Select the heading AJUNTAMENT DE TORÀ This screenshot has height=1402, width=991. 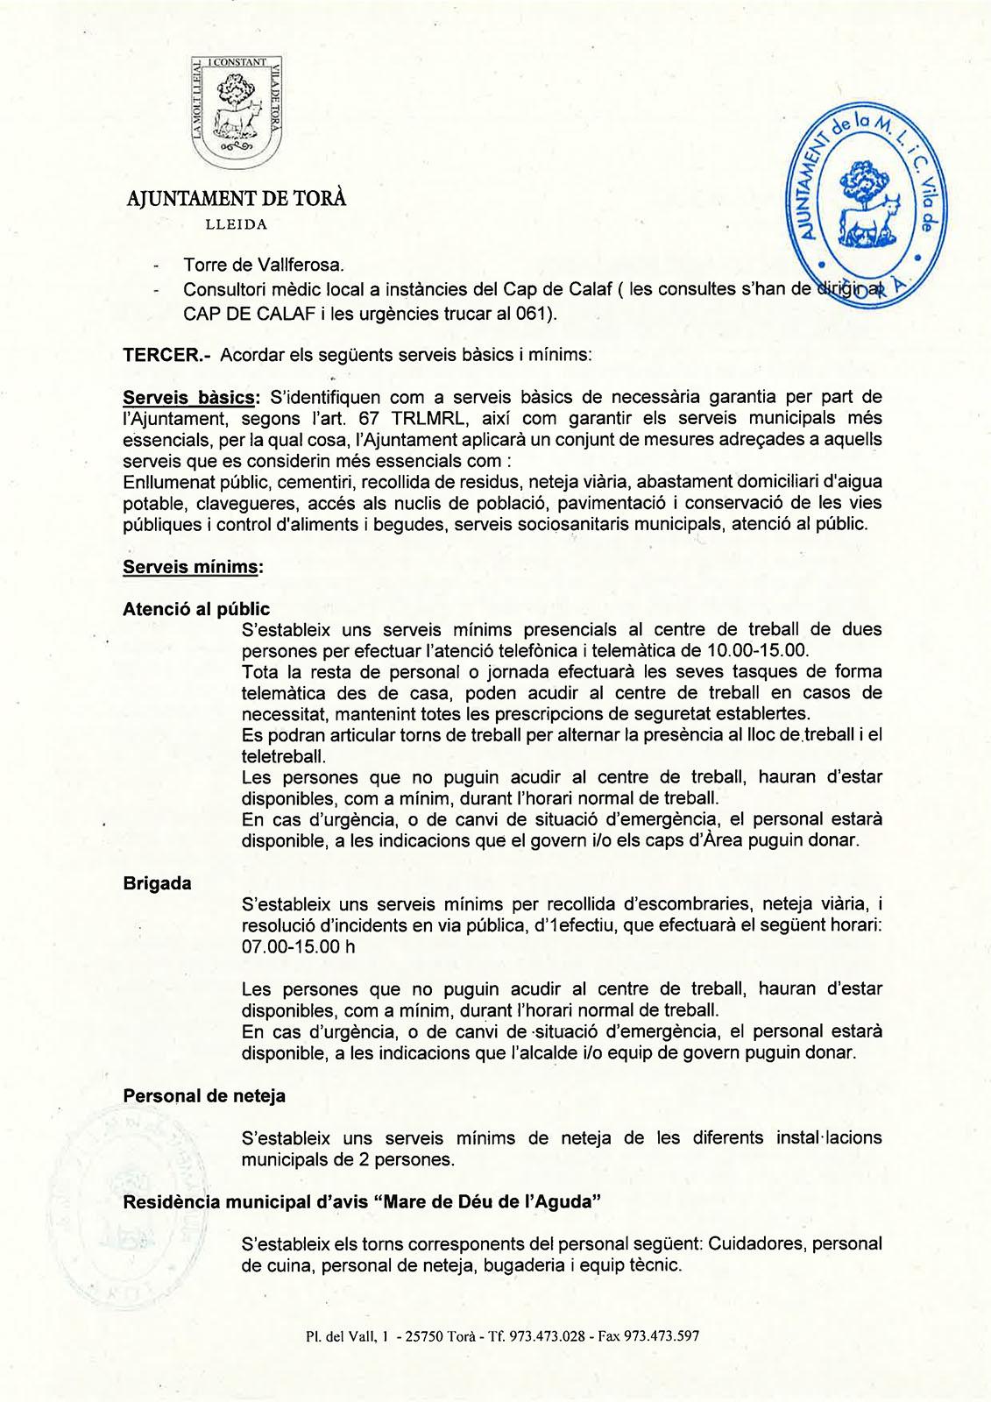236,199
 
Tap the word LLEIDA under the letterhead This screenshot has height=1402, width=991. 236,223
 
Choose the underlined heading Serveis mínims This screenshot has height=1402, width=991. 193,567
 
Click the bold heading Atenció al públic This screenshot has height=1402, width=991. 196,609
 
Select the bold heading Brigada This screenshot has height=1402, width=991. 157,883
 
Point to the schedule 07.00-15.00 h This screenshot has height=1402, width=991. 299,947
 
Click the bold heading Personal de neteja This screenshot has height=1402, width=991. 204,1095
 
